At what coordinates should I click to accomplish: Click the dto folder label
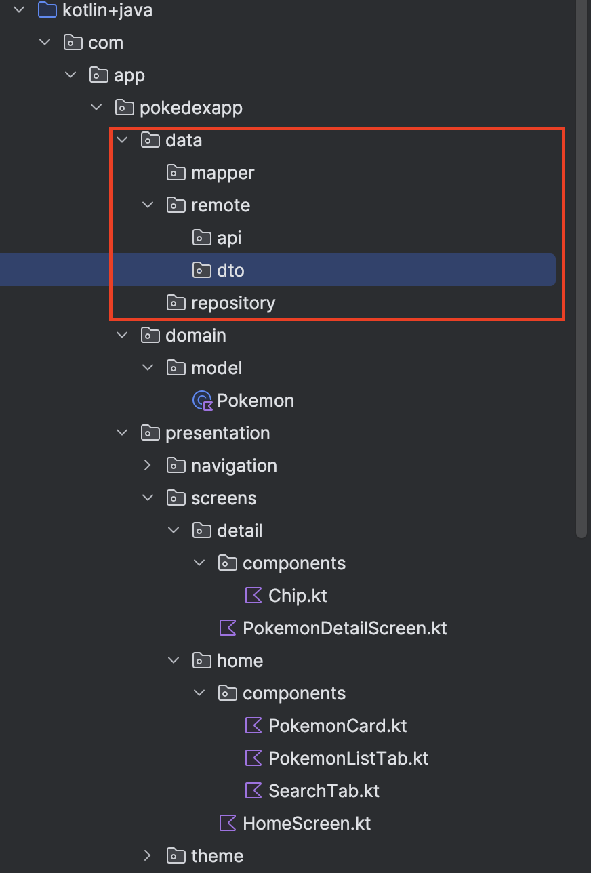pyautogui.click(x=230, y=270)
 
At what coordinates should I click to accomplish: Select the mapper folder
pyautogui.click(x=222, y=173)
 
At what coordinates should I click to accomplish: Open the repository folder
pyautogui.click(x=232, y=303)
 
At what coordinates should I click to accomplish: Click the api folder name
pyautogui.click(x=229, y=238)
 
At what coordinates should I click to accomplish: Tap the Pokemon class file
pyautogui.click(x=255, y=401)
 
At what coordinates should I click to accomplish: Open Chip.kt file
pyautogui.click(x=298, y=596)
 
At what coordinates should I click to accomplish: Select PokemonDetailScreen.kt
pyautogui.click(x=344, y=628)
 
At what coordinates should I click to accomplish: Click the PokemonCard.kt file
pyautogui.click(x=337, y=726)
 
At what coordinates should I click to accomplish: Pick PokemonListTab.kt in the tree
pyautogui.click(x=348, y=758)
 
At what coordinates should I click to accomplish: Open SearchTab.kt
pyautogui.click(x=323, y=791)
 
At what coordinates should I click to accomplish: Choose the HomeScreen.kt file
pyautogui.click(x=306, y=824)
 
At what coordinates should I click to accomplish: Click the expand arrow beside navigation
pyautogui.click(x=148, y=466)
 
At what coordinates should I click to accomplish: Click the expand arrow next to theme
pyautogui.click(x=148, y=856)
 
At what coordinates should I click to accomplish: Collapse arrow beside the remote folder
pyautogui.click(x=148, y=205)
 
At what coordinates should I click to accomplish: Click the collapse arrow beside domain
pyautogui.click(x=122, y=336)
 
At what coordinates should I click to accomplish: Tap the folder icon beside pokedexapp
pyautogui.click(x=124, y=108)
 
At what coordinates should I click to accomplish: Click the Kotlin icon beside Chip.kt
pyautogui.click(x=253, y=596)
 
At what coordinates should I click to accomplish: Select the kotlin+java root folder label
pyautogui.click(x=107, y=10)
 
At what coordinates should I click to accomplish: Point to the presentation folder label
pyautogui.click(x=217, y=433)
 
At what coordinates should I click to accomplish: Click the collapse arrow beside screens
pyautogui.click(x=148, y=498)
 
